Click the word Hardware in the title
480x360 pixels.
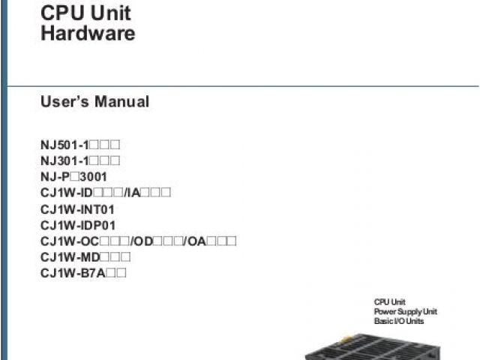(x=88, y=33)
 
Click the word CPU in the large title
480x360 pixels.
(x=60, y=13)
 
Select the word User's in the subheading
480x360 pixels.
(x=64, y=101)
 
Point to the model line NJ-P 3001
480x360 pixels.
(x=73, y=177)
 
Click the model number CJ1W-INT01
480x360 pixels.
(x=78, y=209)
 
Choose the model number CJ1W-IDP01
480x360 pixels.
(x=78, y=225)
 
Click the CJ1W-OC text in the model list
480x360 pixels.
(x=68, y=241)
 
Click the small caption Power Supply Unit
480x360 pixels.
(x=406, y=311)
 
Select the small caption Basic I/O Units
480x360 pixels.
(x=399, y=320)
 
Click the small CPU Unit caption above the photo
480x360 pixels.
(x=389, y=302)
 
